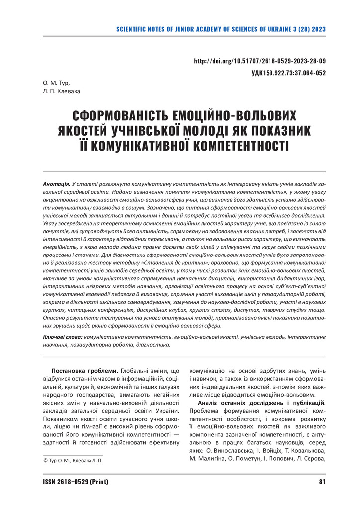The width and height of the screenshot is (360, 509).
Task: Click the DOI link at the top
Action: (260, 61)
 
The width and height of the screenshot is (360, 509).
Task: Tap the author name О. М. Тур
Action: (57, 82)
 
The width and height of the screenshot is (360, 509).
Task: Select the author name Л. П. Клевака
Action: (62, 91)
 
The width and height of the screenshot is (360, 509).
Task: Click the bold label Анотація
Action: (56, 184)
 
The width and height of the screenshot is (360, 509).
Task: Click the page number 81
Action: (322, 481)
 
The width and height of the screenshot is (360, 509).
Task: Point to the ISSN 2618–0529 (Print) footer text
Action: (76, 481)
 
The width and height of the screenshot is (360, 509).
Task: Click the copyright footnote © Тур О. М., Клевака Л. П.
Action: (73, 461)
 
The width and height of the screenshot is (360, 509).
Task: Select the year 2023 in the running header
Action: (318, 29)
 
